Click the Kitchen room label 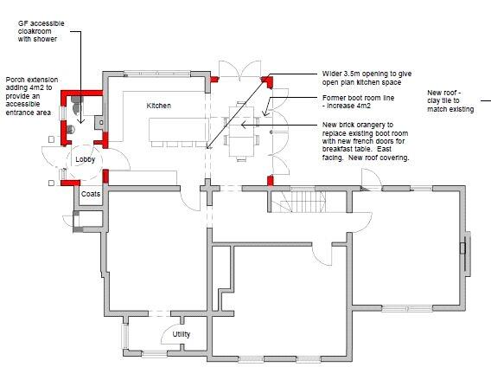(159, 106)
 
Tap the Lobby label (85, 159)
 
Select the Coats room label (91, 194)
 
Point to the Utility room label (181, 334)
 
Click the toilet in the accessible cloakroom (78, 101)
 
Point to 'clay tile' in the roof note (442, 102)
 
